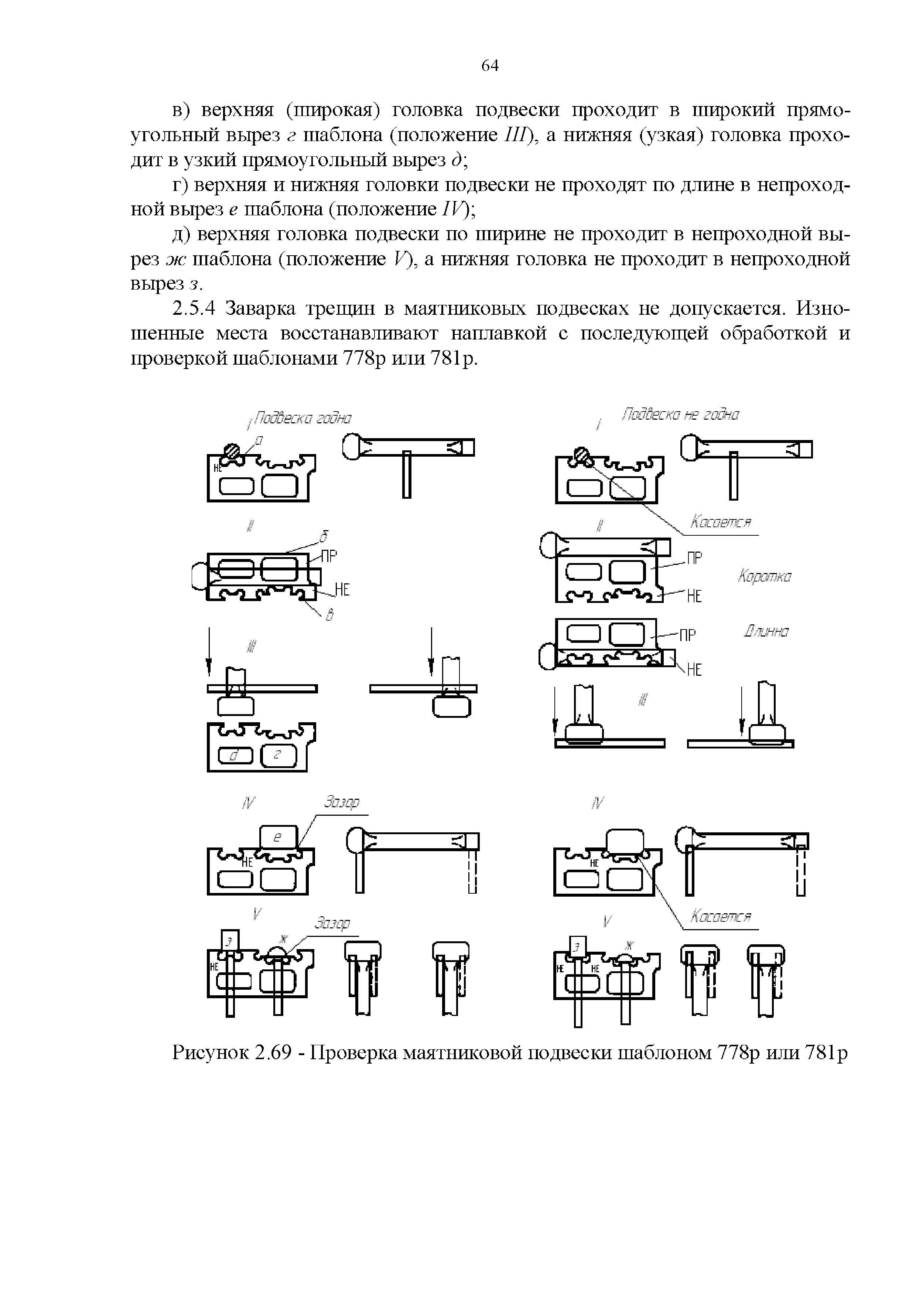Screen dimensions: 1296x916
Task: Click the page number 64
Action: [x=490, y=66]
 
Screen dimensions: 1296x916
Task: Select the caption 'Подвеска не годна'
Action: [x=680, y=415]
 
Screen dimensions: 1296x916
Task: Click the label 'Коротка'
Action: [x=765, y=577]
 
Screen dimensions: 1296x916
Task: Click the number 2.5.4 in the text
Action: [x=194, y=309]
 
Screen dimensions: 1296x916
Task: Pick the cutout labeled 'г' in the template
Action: [x=278, y=755]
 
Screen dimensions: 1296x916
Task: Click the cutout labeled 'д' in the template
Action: [x=231, y=755]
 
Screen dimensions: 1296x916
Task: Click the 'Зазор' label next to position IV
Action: [x=341, y=802]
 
